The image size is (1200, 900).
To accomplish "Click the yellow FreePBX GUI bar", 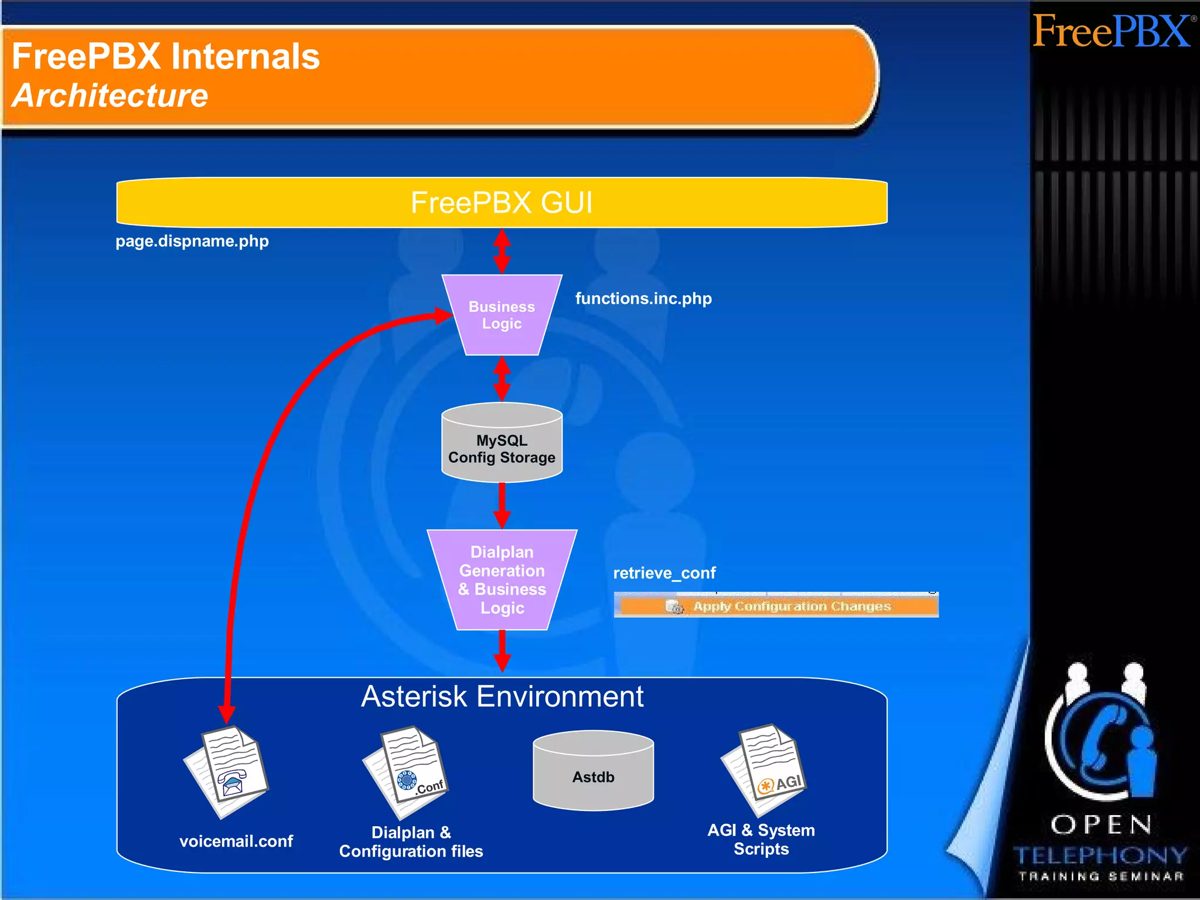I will coord(502,202).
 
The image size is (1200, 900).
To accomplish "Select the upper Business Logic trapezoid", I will coord(502,315).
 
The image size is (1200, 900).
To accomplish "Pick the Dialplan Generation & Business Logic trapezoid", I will coord(502,580).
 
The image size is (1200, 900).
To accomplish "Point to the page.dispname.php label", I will coord(192,241).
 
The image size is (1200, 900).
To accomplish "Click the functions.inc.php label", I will coord(643,298).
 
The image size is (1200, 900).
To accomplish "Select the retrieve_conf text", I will coord(664,572).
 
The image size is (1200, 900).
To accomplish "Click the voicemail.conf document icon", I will coord(227,771).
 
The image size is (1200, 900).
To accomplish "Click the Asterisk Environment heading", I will coord(502,697).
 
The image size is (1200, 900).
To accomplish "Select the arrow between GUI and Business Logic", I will coord(502,251).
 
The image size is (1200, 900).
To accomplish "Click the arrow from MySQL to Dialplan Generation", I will coord(502,505).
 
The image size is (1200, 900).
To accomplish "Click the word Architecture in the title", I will coord(110,96).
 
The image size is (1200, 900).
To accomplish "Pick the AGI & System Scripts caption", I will coord(761,839).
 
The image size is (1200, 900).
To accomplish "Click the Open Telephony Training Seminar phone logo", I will coord(1102,738).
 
